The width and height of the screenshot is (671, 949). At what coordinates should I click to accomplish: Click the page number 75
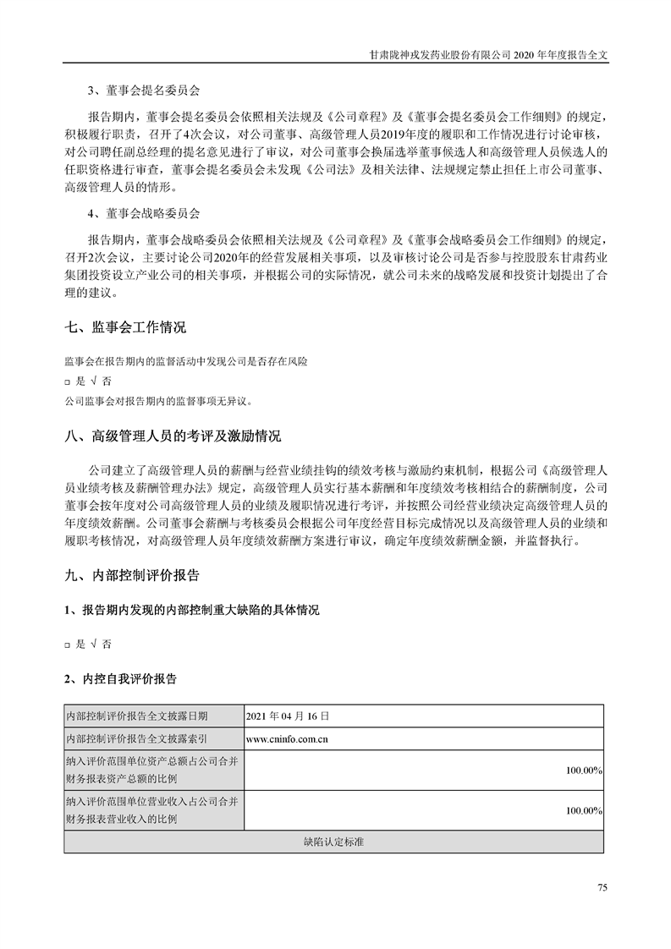click(602, 887)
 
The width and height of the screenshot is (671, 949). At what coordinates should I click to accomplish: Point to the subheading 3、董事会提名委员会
click(144, 90)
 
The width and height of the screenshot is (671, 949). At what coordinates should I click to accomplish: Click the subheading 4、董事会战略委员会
click(144, 212)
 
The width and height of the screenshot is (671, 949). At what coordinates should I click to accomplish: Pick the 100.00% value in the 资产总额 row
click(584, 770)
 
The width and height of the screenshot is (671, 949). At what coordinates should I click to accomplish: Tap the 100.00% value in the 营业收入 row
click(584, 810)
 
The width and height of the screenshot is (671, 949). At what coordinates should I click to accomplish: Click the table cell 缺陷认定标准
click(333, 842)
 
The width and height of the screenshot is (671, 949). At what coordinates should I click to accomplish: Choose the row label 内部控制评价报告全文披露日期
click(136, 716)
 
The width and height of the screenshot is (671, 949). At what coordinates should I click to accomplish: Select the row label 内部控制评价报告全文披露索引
click(136, 738)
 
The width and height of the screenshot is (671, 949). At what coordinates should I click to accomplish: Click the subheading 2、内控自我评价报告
click(120, 678)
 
